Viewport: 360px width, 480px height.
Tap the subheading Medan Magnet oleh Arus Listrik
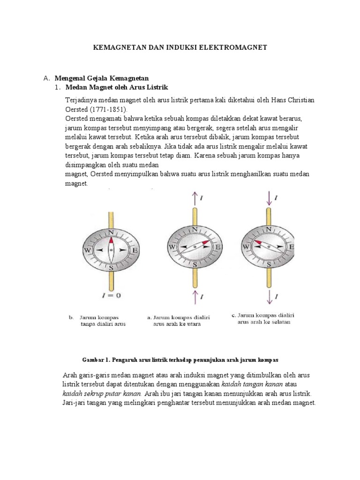(116, 88)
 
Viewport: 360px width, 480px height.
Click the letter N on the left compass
(111, 232)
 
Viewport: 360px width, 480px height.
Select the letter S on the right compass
(269, 264)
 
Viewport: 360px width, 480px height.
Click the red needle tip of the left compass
(111, 240)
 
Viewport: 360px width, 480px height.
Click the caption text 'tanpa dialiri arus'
(103, 324)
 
